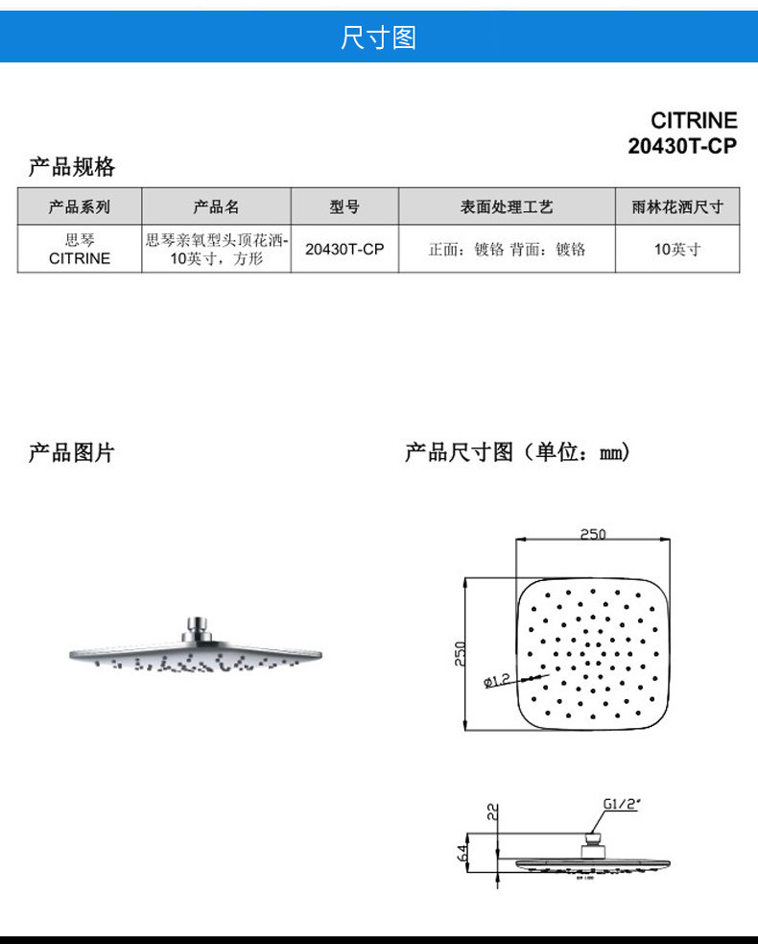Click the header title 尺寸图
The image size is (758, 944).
pos(378,38)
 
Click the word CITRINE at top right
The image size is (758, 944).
pos(694,121)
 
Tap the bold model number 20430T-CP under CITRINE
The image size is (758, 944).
pos(682,146)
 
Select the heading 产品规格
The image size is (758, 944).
pos(72,168)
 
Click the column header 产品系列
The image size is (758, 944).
pos(80,206)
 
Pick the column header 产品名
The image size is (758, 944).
pos(216,206)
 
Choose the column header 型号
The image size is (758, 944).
pos(344,206)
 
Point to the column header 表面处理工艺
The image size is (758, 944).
pos(507,206)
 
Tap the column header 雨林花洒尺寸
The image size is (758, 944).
pos(677,206)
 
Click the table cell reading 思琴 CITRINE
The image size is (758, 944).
pos(80,249)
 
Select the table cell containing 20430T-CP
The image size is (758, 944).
pos(344,249)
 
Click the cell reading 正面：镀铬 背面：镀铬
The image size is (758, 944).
pos(507,249)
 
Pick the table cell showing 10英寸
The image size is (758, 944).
pos(677,249)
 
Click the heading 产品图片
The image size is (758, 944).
pos(72,453)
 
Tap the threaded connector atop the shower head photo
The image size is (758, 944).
pos(197,626)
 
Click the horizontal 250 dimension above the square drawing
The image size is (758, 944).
pos(593,535)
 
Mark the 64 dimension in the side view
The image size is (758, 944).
pos(463,851)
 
